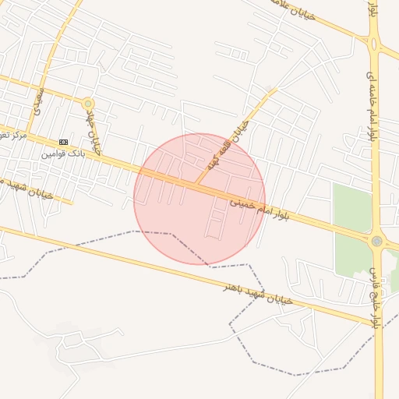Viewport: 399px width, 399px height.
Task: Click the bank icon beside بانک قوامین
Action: coord(63,142)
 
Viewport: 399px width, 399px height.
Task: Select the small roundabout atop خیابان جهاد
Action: coord(88,103)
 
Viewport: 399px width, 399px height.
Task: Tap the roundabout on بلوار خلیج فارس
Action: coord(377,242)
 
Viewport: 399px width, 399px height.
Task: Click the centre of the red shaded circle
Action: coord(199,199)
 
